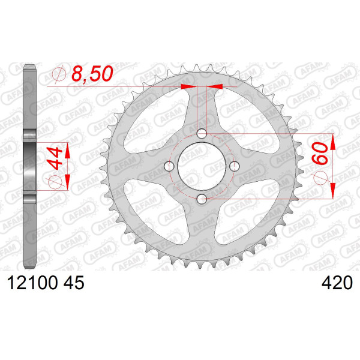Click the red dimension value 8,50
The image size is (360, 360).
click(92, 74)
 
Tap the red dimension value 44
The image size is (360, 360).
click(55, 158)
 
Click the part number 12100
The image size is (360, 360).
click(32, 283)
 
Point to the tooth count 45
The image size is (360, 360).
click(74, 283)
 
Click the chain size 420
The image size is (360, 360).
click(337, 283)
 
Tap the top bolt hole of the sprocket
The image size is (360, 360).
click(202, 134)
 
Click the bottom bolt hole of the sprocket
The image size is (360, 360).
click(202, 199)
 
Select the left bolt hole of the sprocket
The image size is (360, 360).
click(169, 166)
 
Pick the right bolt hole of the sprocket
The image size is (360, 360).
click(235, 166)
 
